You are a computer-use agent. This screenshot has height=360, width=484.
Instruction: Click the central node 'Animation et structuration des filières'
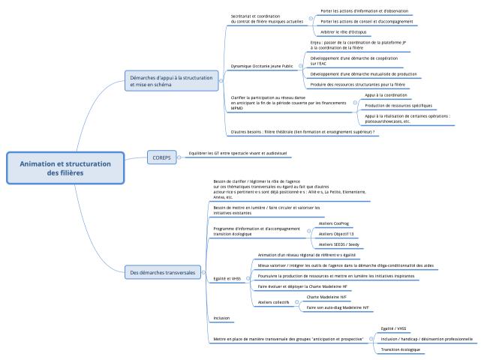click(65, 168)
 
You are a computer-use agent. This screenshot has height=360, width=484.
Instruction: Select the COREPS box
click(161, 157)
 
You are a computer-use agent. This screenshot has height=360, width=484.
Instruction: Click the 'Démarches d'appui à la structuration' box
click(172, 81)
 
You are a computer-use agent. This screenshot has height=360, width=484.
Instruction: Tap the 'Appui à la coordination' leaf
click(386, 95)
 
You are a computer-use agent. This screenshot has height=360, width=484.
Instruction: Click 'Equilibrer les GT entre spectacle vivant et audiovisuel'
click(238, 153)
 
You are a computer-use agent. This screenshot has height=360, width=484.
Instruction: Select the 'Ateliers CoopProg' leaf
click(335, 223)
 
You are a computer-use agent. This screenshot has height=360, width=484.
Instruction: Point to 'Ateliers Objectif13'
click(336, 233)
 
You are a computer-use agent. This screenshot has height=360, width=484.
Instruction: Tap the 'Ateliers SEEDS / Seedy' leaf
click(340, 244)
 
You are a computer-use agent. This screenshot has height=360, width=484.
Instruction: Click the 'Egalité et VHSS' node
click(227, 278)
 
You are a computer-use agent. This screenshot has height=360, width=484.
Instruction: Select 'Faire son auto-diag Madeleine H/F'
click(338, 307)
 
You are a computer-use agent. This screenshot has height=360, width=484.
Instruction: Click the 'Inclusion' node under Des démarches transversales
click(221, 318)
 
